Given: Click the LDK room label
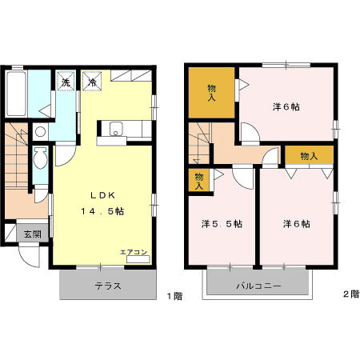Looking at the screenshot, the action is (103, 195).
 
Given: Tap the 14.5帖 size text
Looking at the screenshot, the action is (102, 211).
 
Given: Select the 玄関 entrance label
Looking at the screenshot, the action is (33, 234).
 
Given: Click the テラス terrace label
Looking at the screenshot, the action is (108, 286).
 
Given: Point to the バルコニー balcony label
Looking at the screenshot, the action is (258, 286).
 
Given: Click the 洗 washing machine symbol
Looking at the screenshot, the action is (66, 80).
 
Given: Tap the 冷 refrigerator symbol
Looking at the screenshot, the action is (92, 80).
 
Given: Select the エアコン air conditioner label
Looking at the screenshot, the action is (134, 252).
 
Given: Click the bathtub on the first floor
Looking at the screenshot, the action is (16, 94).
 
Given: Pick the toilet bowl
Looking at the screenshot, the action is (40, 158).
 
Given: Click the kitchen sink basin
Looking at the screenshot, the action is (116, 130).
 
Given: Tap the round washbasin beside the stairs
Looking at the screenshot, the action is (41, 132).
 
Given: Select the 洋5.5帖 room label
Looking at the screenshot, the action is (222, 224).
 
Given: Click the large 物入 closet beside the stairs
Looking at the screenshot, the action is (211, 93).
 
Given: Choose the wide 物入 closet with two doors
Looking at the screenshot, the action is (309, 155).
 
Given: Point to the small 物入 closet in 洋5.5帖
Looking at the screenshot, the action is (199, 180).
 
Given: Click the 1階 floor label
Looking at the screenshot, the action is (174, 296).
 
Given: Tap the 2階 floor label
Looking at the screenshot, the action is (351, 294).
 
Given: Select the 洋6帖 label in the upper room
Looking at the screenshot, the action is (286, 107).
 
